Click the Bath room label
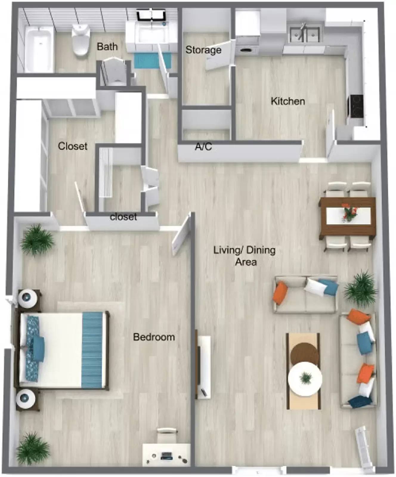coord(107,47)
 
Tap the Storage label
coord(203,50)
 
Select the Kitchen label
coord(288,101)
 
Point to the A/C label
coord(203,147)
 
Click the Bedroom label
coord(154,337)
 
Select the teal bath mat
coord(152,60)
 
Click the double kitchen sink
coord(305,35)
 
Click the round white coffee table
coord(305,379)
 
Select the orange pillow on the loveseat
coord(280,293)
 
